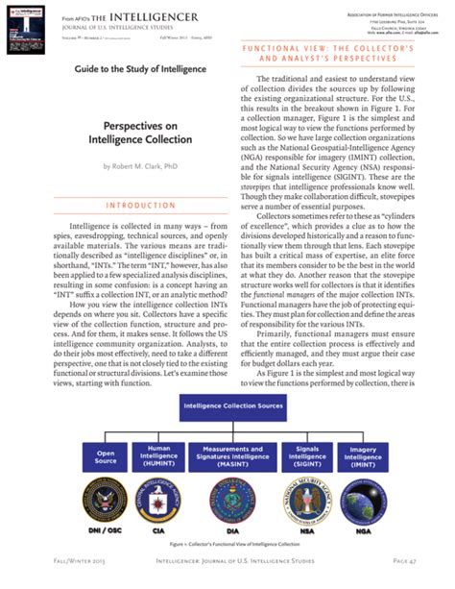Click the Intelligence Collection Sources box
point(227,406)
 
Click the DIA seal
point(229,500)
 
